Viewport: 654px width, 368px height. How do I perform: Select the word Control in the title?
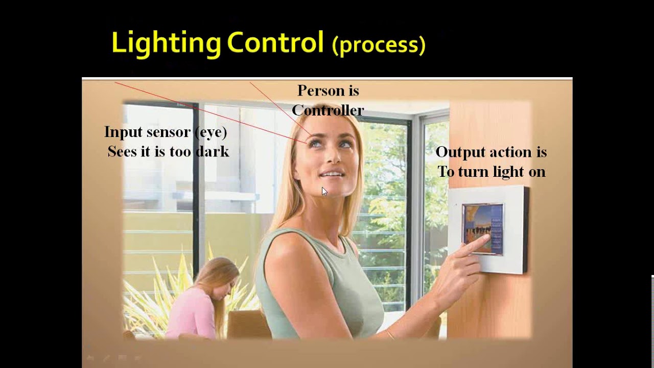275,43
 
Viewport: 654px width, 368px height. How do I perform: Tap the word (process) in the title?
379,45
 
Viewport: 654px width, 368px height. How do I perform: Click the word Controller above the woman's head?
328,110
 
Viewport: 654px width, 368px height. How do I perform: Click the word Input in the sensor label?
124,132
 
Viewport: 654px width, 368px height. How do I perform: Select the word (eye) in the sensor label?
211,132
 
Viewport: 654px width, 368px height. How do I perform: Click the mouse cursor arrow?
324,191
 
